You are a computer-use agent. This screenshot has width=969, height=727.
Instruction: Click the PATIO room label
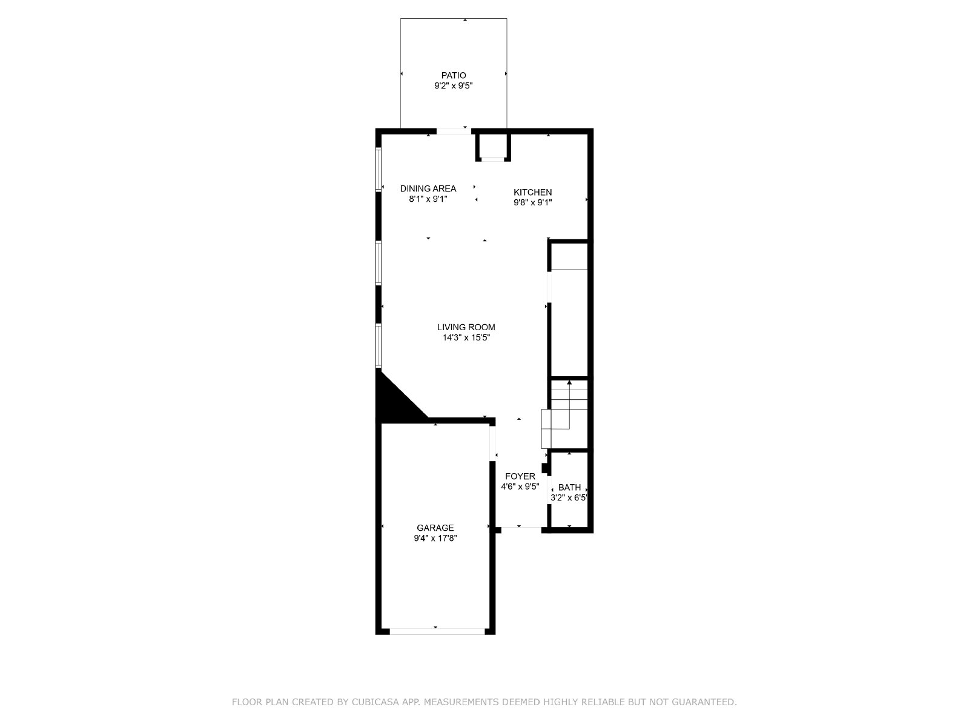(x=454, y=76)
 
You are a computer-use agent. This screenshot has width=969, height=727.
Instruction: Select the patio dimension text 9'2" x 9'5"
(x=454, y=85)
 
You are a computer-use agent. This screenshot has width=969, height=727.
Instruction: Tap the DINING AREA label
(x=428, y=188)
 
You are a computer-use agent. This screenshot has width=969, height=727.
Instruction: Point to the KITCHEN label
(x=532, y=193)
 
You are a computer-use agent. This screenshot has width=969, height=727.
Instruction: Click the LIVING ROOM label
(x=466, y=327)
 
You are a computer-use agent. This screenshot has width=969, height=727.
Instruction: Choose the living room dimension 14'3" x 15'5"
(x=466, y=337)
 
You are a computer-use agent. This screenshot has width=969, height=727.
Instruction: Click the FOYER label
(x=520, y=476)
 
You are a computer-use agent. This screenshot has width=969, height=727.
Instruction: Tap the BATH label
(x=569, y=487)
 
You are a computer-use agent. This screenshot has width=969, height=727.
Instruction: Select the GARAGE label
(x=435, y=528)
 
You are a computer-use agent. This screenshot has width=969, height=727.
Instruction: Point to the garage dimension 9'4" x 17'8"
(x=435, y=538)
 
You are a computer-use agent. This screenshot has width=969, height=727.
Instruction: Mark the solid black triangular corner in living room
(x=394, y=399)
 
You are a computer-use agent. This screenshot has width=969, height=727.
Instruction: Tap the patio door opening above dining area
(x=454, y=131)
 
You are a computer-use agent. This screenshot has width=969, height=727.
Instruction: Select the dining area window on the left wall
(x=379, y=170)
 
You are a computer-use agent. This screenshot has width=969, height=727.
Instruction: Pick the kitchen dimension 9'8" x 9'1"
(x=532, y=202)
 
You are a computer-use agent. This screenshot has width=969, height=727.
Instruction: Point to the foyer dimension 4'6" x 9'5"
(x=520, y=487)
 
